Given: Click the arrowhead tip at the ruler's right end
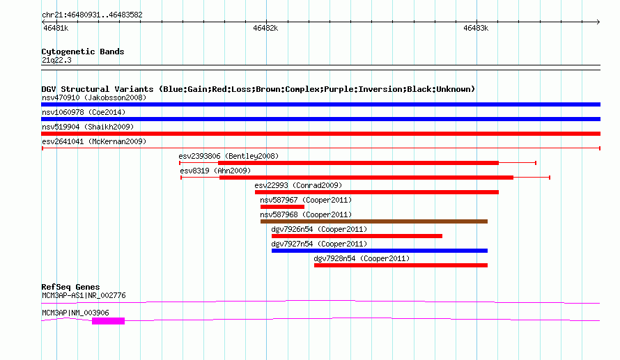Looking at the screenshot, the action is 600,22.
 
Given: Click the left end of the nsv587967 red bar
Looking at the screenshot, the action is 261,207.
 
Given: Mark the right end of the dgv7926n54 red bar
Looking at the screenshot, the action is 442,236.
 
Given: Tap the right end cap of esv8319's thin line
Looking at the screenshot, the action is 550,178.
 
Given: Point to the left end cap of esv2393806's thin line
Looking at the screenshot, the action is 180,163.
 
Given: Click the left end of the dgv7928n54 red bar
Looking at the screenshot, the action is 314,265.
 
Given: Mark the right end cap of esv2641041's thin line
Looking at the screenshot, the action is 600,148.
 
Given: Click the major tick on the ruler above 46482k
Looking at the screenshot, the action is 266,22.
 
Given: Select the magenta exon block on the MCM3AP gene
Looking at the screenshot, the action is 109,321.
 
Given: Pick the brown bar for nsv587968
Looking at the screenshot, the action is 374,221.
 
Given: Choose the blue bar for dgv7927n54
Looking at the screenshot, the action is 380,251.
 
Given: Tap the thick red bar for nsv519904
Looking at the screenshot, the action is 320,134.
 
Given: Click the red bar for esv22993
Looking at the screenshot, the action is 377,192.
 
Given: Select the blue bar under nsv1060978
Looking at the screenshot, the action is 320,119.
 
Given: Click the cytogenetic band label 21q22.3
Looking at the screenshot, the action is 56,60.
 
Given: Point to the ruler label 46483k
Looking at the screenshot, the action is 476,28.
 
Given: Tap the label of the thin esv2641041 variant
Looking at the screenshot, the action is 94,141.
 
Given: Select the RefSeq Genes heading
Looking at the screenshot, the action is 70,287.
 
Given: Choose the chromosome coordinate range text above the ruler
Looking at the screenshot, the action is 92,15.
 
